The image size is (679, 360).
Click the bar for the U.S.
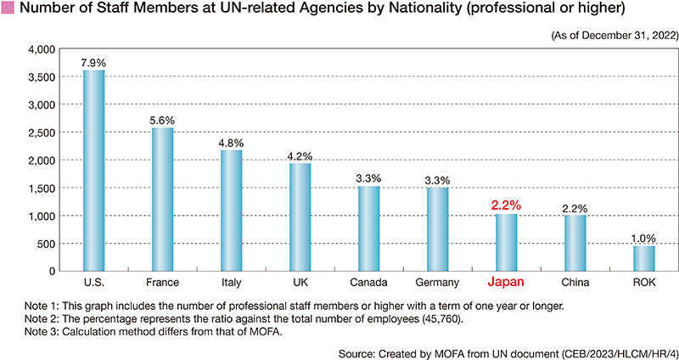93,171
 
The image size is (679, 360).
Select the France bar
162,200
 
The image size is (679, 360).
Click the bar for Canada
368,228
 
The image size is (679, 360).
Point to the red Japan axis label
506,282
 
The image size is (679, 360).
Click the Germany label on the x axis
438,282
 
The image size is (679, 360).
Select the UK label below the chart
300,282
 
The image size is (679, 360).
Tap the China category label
575,282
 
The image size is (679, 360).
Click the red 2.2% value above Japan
506,205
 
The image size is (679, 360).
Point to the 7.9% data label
93,62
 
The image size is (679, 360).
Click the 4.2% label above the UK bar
300,155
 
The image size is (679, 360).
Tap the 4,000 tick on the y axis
42,49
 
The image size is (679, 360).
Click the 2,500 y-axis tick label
42,132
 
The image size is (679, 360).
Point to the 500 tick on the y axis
47,244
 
